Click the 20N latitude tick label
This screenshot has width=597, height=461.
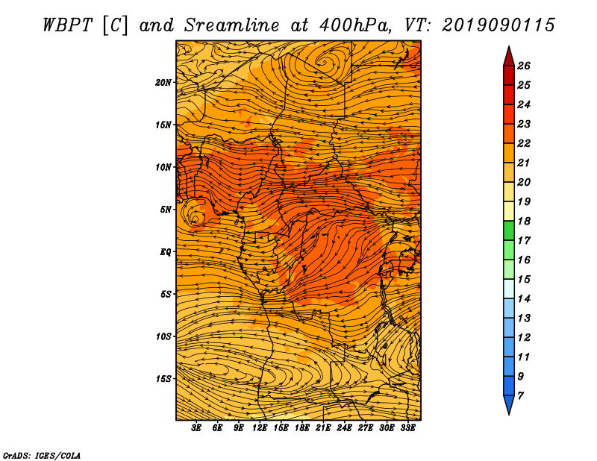[x=163, y=83]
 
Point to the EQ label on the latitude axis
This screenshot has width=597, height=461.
[x=165, y=252]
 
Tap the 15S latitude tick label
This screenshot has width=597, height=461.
[x=163, y=379]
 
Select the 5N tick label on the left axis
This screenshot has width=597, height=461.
[x=166, y=210]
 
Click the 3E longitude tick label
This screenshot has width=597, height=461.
[x=196, y=428]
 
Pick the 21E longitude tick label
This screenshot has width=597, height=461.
[x=323, y=428]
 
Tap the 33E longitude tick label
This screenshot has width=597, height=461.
[x=407, y=428]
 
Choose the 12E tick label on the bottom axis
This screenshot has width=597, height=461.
[x=259, y=428]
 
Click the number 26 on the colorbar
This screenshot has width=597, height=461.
[x=524, y=66]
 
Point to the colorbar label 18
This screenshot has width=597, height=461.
[x=524, y=221]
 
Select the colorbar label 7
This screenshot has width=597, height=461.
[x=520, y=396]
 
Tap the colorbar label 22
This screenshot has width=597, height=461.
[x=524, y=143]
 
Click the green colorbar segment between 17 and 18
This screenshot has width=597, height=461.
[x=509, y=230]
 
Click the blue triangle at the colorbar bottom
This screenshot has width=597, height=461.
[x=509, y=403]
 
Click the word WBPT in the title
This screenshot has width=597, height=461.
[x=67, y=25]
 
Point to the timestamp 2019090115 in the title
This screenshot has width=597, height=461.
[x=498, y=25]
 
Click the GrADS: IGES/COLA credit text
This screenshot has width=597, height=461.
[x=42, y=455]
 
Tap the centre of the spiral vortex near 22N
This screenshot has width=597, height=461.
[x=324, y=61]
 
